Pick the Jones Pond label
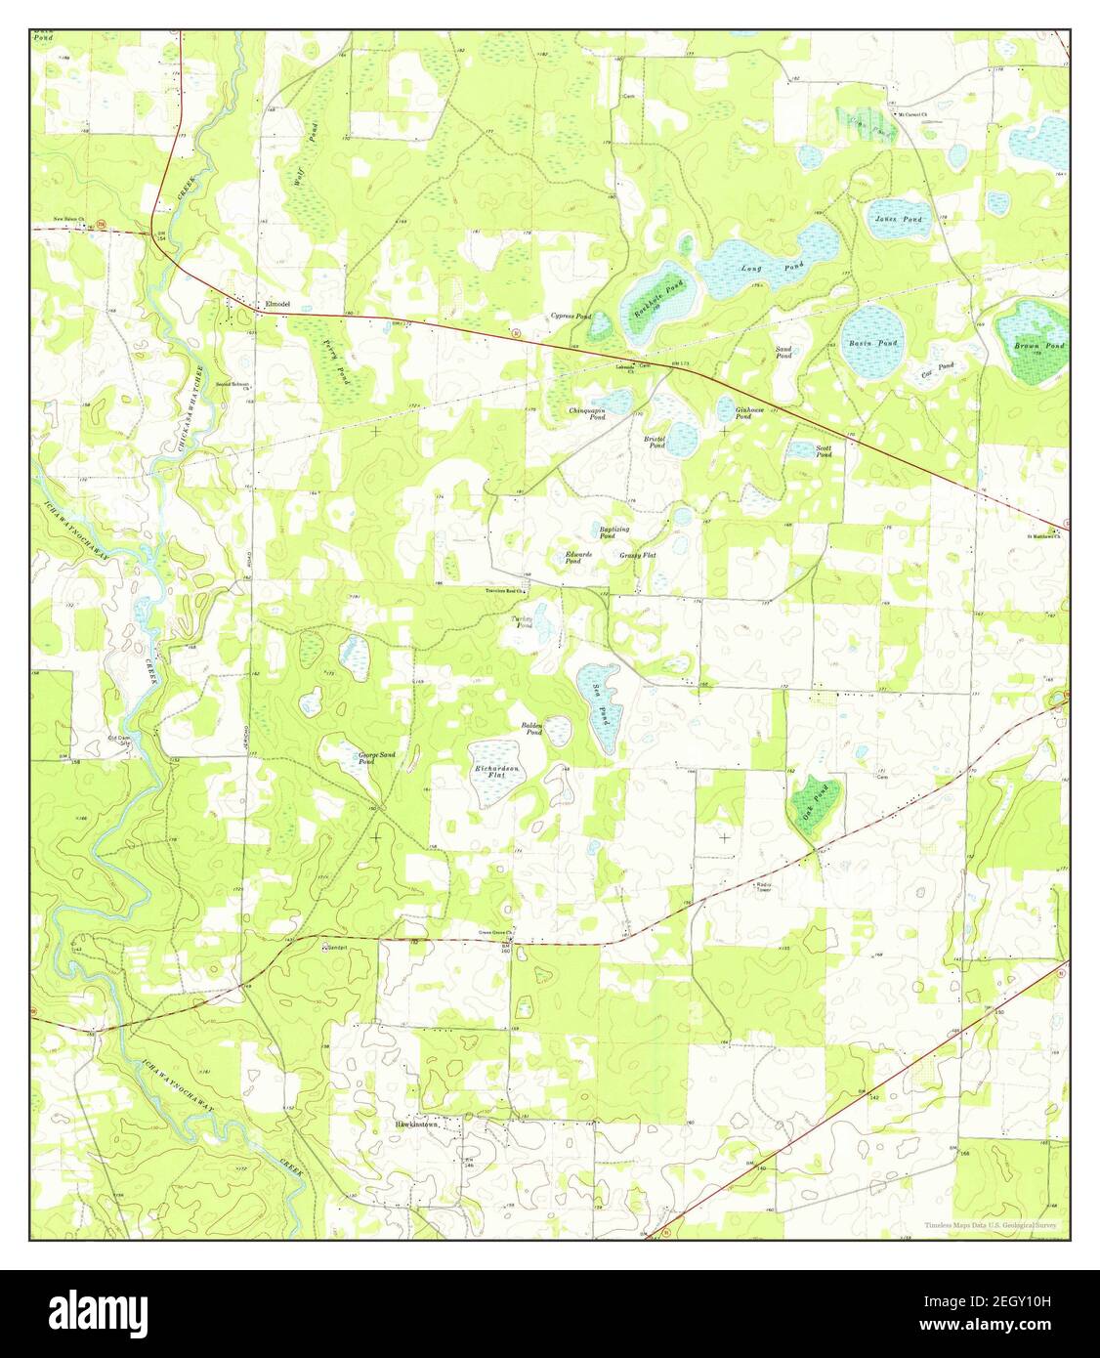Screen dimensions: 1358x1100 pos(898,220)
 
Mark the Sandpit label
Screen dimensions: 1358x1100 pos(336,947)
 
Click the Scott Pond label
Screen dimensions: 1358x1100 pos(824,451)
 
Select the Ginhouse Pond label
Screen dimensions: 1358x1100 pos(743,413)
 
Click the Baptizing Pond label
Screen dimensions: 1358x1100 pos(613,532)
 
